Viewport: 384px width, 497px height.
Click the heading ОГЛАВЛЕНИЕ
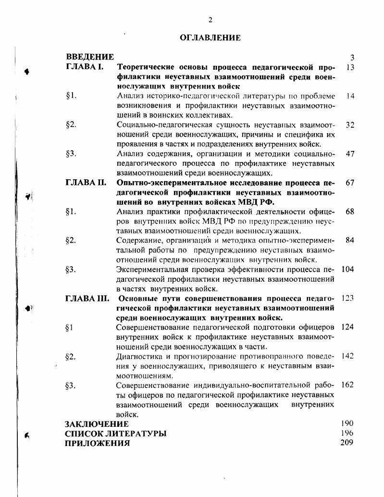(x=210, y=37)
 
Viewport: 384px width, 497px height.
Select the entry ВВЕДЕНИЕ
(x=90, y=57)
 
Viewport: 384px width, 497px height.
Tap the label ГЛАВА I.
(x=85, y=67)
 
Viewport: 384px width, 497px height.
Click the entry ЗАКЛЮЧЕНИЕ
(x=97, y=424)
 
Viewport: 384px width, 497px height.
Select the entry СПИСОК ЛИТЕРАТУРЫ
(x=115, y=434)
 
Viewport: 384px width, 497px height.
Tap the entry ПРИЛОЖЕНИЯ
(x=97, y=443)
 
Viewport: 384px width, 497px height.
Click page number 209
(x=347, y=443)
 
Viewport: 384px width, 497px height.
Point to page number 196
(x=347, y=433)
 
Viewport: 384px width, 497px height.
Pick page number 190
(x=347, y=423)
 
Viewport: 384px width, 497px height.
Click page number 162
(x=347, y=385)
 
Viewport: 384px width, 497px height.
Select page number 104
(x=347, y=269)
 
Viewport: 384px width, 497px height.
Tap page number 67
(x=349, y=183)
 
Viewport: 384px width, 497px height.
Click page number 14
(x=350, y=96)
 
